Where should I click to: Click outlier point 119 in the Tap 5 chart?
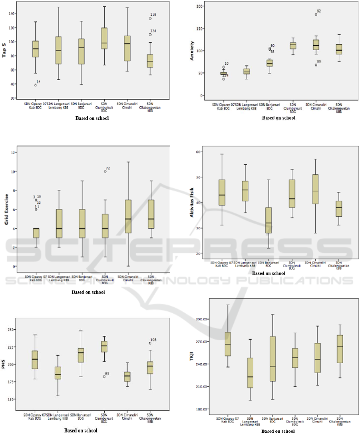150,18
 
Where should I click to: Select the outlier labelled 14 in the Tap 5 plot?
36,85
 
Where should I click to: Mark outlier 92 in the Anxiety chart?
316,14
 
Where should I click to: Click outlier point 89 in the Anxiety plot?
316,65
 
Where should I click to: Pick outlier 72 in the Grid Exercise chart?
105,171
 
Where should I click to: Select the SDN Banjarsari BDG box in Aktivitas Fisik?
269,220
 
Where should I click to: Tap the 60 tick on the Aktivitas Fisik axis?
203,152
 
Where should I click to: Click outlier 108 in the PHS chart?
150,343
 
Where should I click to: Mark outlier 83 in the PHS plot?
104,376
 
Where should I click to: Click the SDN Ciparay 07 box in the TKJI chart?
227,344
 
